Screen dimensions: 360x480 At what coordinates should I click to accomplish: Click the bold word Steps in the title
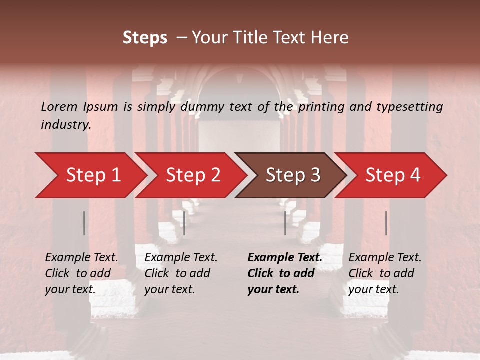point(145,38)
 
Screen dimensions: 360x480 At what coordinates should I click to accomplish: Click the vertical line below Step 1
point(84,223)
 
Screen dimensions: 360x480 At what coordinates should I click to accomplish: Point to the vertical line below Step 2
point(184,223)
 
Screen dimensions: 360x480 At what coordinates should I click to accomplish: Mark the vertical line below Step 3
point(285,223)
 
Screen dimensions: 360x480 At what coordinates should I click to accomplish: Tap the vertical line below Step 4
point(386,223)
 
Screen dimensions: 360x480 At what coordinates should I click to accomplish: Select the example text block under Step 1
point(81,273)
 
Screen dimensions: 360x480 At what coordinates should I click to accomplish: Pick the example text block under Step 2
point(180,273)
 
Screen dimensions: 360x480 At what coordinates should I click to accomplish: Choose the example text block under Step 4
point(384,273)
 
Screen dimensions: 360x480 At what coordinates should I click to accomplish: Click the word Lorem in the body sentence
point(59,106)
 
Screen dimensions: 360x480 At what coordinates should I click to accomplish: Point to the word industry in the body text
point(65,125)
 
